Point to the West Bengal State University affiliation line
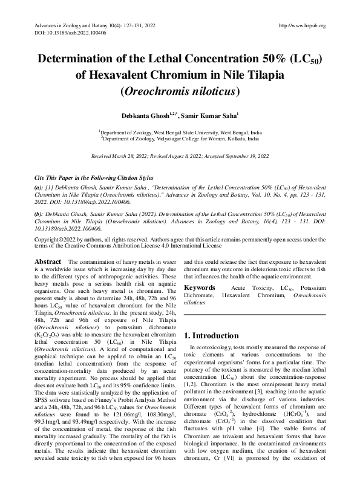[x=180, y=131]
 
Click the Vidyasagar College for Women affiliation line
[x=180, y=138]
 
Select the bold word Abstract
[x=49, y=261]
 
